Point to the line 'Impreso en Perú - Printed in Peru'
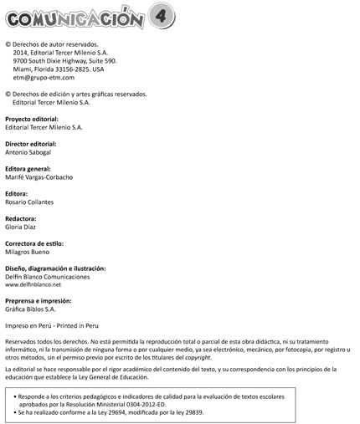(x=52, y=325)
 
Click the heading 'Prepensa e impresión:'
(x=39, y=300)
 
